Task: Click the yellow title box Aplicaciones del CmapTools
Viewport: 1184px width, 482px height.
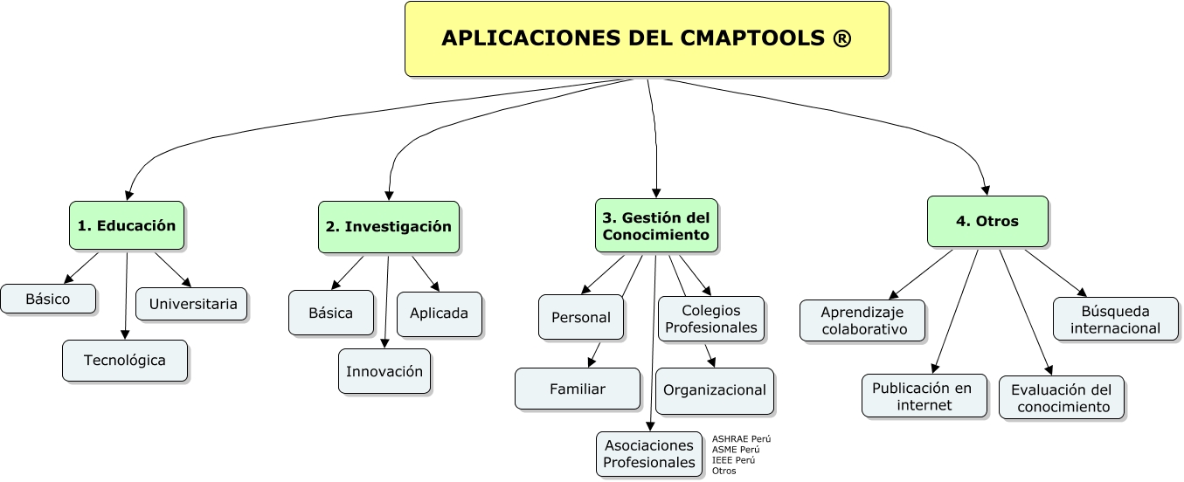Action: (x=647, y=38)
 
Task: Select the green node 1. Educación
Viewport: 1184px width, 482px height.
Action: (x=127, y=225)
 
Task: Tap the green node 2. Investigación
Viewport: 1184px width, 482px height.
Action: (x=389, y=227)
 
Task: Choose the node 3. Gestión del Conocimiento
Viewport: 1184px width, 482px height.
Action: (x=656, y=225)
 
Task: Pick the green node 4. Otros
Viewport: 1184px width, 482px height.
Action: (x=987, y=221)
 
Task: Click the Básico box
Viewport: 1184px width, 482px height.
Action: (x=48, y=299)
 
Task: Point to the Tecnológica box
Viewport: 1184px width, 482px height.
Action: (x=125, y=360)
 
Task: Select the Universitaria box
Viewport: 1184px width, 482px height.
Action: (x=192, y=304)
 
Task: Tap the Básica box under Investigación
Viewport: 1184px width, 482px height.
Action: (x=331, y=313)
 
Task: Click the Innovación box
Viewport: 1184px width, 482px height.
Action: (x=384, y=371)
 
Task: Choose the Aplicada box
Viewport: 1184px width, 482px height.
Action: (x=440, y=313)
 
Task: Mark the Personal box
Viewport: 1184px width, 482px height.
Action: (x=581, y=317)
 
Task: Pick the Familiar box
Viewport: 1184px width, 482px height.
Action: (x=578, y=389)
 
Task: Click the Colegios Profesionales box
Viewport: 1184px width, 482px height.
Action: (x=710, y=319)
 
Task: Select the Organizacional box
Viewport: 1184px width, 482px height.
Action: (x=715, y=390)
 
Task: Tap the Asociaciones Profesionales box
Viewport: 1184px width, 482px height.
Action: (x=649, y=454)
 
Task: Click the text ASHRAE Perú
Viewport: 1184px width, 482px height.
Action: (x=741, y=439)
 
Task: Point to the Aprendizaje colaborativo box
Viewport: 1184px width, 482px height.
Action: (x=862, y=320)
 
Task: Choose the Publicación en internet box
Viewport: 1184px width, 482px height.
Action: (x=924, y=396)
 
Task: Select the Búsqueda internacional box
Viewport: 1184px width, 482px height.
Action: (x=1116, y=319)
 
